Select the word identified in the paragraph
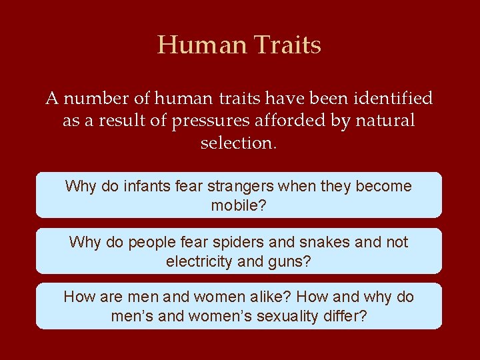[393, 99]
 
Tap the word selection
[237, 143]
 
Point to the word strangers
[253, 186]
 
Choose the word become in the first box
[384, 186]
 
